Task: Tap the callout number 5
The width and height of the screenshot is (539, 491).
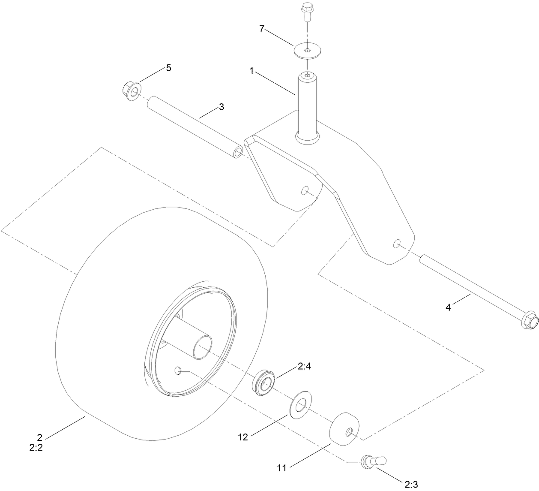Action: click(168, 68)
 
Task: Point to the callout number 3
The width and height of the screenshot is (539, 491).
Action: click(221, 107)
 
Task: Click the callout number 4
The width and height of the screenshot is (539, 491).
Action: click(448, 307)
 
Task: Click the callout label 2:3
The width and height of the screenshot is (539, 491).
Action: click(410, 484)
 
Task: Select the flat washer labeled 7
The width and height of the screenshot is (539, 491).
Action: click(308, 51)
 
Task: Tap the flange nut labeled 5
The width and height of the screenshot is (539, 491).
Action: click(130, 90)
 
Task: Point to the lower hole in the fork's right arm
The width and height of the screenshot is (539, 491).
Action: click(397, 244)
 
